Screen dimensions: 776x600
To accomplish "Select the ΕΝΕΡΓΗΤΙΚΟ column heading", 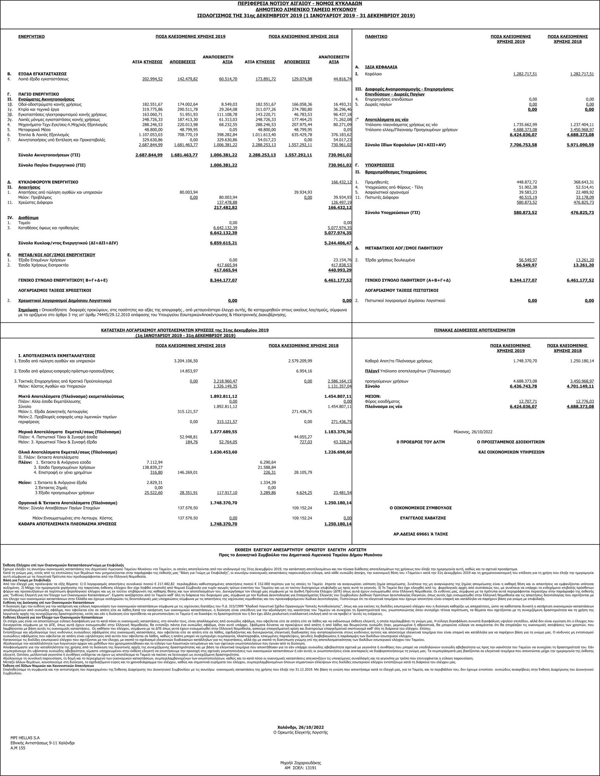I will pyautogui.click(x=31, y=36).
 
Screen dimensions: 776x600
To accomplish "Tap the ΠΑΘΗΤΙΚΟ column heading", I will pyautogui.click(x=376, y=36).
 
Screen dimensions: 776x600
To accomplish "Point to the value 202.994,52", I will pyautogui.click(x=153, y=79).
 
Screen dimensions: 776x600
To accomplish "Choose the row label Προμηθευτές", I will pyautogui.click(x=377, y=182).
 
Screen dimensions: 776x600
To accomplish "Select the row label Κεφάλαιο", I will pyautogui.click(x=373, y=74).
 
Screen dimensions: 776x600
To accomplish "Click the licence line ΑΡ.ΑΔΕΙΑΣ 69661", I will pyautogui.click(x=421, y=534).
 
